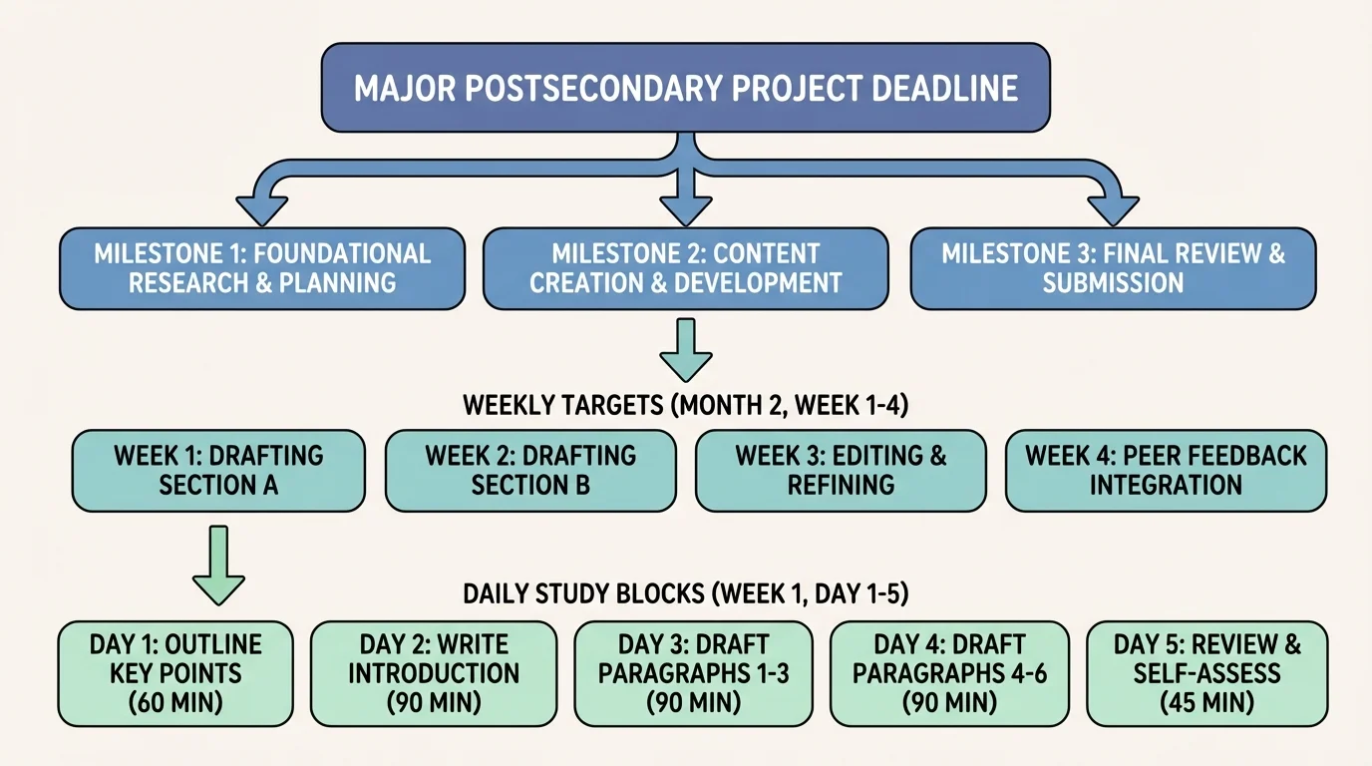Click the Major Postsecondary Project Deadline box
click(x=685, y=88)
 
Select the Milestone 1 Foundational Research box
click(x=262, y=268)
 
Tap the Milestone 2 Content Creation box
click(x=685, y=268)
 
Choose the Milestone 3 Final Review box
click(x=1113, y=268)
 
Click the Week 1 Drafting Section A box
click(x=218, y=471)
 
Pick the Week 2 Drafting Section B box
click(x=530, y=471)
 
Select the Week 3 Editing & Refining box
click(x=841, y=471)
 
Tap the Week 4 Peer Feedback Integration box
click(x=1166, y=471)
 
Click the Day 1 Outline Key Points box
click(x=175, y=673)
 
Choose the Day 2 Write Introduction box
click(x=434, y=673)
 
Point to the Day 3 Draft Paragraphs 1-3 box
click(x=693, y=673)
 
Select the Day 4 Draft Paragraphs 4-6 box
click(x=949, y=673)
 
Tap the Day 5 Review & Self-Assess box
click(x=1206, y=673)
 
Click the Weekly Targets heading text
click(x=685, y=406)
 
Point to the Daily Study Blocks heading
click(x=685, y=594)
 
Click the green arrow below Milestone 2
click(x=686, y=350)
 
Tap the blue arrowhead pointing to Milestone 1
click(x=261, y=208)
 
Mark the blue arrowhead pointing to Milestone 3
click(x=1112, y=208)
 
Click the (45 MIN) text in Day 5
click(x=1206, y=703)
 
